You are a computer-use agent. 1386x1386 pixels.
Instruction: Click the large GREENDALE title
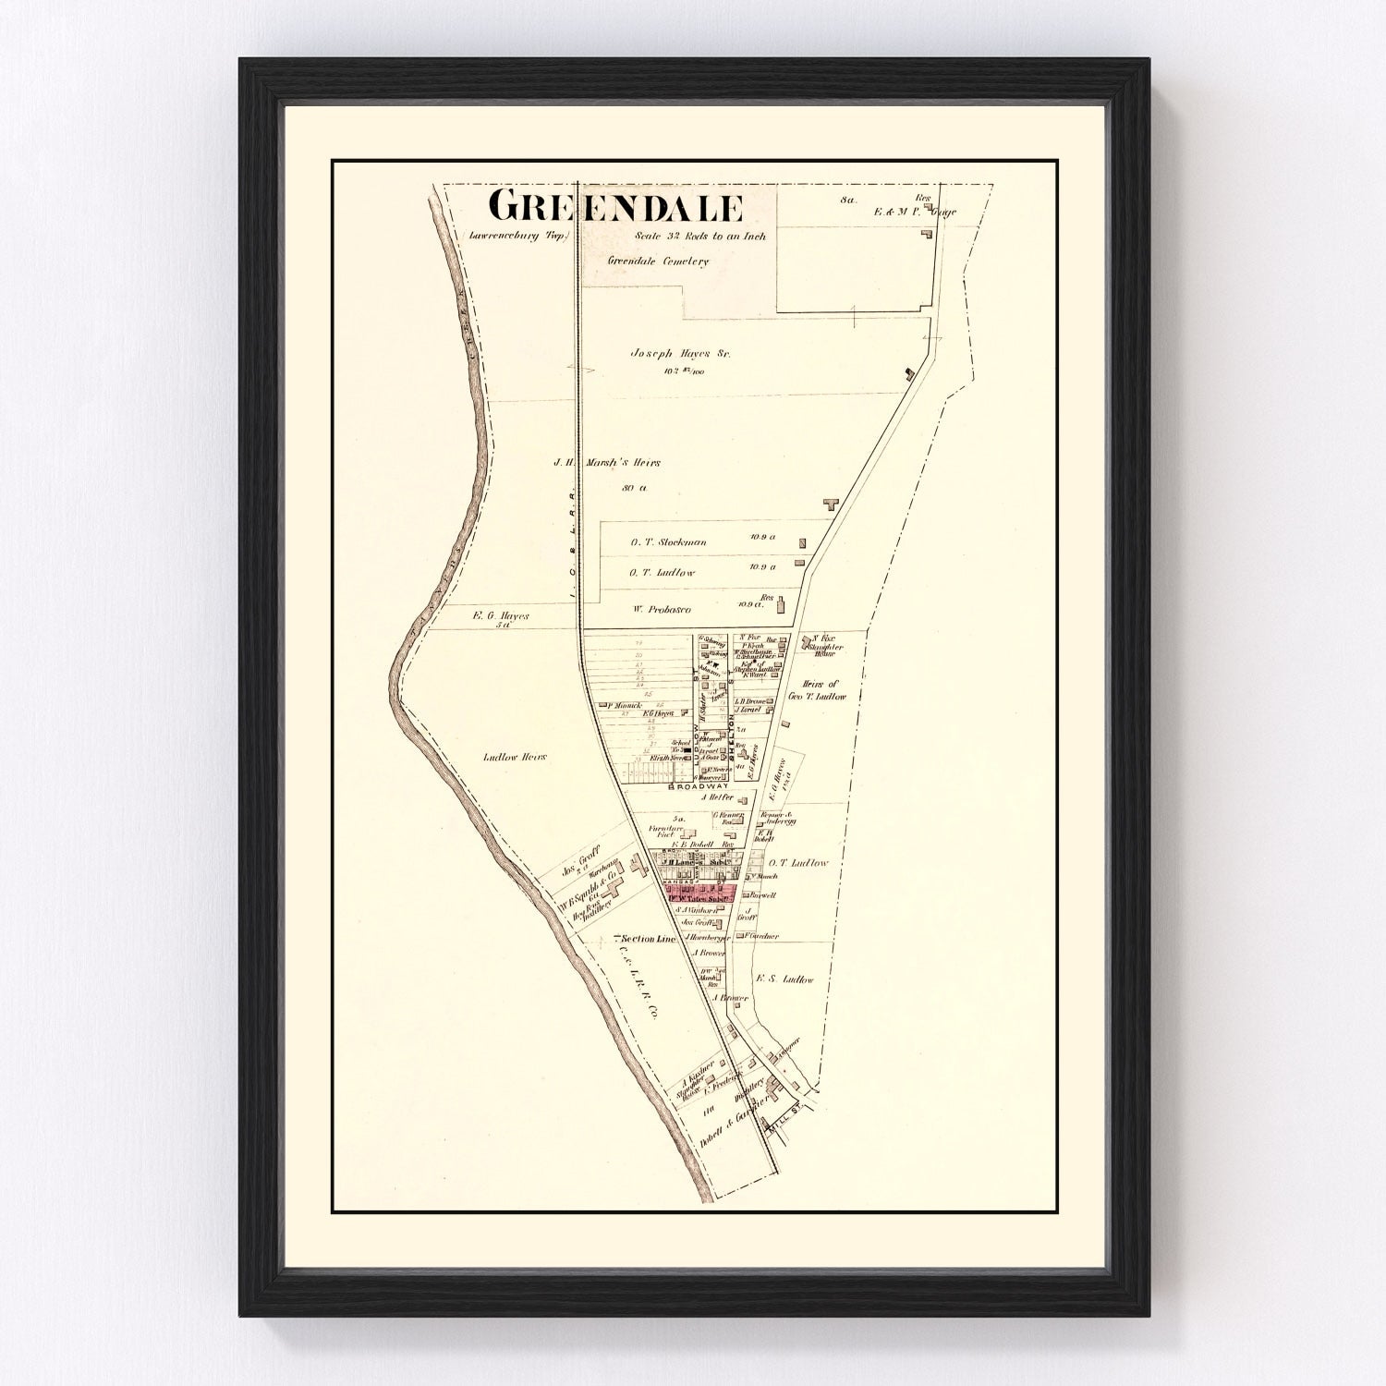pyautogui.click(x=614, y=207)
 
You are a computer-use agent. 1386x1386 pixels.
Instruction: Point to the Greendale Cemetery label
pyautogui.click(x=658, y=261)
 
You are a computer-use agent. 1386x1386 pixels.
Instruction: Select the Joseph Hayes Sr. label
pyautogui.click(x=674, y=353)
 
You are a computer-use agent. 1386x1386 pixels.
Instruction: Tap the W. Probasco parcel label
pyautogui.click(x=661, y=609)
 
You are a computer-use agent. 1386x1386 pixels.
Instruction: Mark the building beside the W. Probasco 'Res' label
pyautogui.click(x=781, y=605)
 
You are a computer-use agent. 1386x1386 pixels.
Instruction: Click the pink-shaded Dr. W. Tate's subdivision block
pyautogui.click(x=699, y=894)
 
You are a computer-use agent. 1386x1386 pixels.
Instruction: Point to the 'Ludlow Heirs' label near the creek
pyautogui.click(x=515, y=757)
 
